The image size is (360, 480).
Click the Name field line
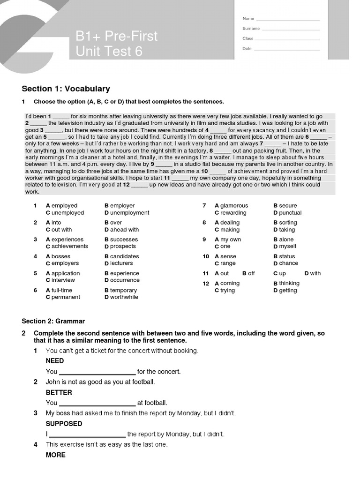coord(288,20)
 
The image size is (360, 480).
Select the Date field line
coord(287,50)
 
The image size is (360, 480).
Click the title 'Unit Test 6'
coord(109,51)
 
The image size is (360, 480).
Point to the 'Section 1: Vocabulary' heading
coord(66,89)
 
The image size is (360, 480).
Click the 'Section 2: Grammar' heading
coord(53,321)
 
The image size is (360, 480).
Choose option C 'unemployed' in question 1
coord(65,213)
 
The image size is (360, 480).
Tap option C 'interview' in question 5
coord(60,280)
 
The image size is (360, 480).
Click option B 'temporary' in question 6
coord(120,291)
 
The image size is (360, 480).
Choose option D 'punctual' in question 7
coord(287,213)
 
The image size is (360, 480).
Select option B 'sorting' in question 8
coord(285,223)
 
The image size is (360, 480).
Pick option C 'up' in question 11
coord(279,273)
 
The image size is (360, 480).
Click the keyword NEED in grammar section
coord(55,361)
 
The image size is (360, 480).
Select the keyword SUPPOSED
coord(64,424)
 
